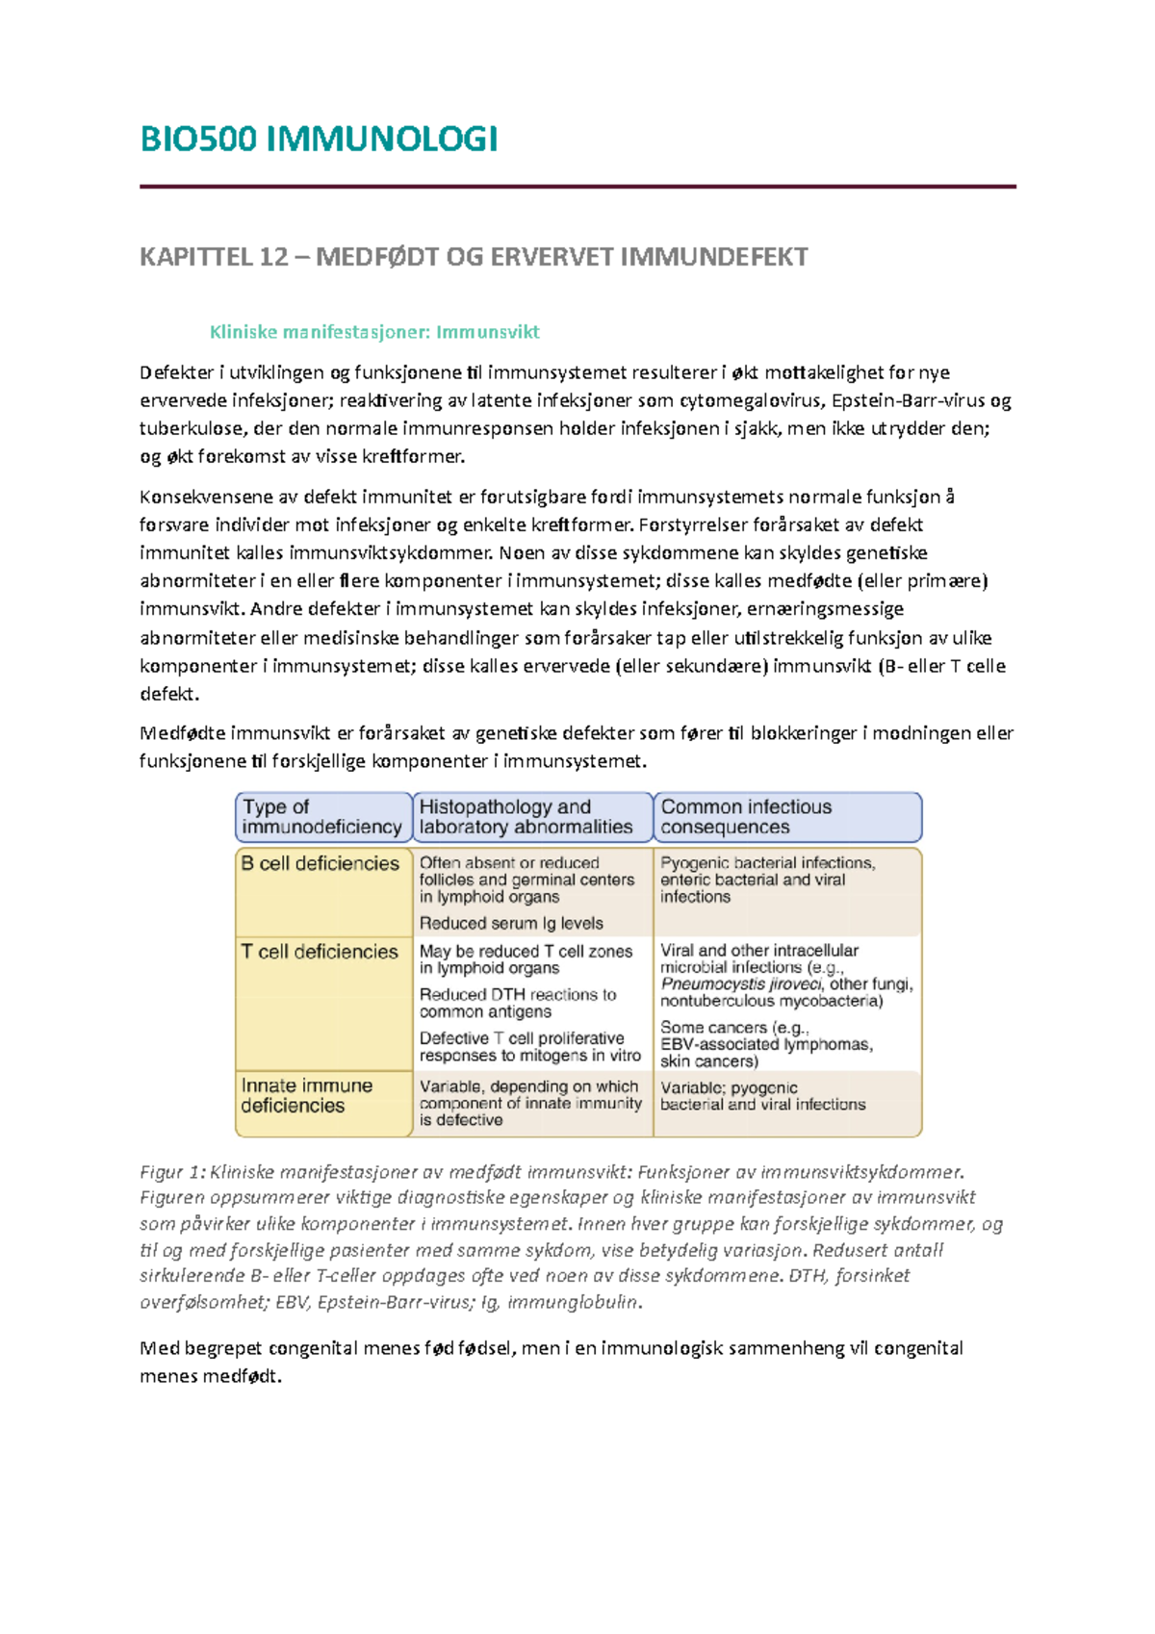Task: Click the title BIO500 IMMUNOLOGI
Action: (x=319, y=140)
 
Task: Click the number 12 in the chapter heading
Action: (x=273, y=258)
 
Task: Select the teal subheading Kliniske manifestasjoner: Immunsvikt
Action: (x=374, y=332)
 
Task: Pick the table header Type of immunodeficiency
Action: (x=321, y=817)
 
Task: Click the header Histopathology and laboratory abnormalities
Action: (x=526, y=817)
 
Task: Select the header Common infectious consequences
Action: (x=746, y=817)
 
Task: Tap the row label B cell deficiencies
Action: (x=320, y=864)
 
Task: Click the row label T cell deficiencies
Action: (x=320, y=952)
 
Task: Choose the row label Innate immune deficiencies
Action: (x=306, y=1095)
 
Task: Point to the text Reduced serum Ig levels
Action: (x=511, y=924)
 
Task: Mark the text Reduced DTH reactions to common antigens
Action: (x=518, y=1003)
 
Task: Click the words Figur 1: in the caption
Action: (x=172, y=1172)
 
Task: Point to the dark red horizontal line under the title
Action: (x=577, y=187)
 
